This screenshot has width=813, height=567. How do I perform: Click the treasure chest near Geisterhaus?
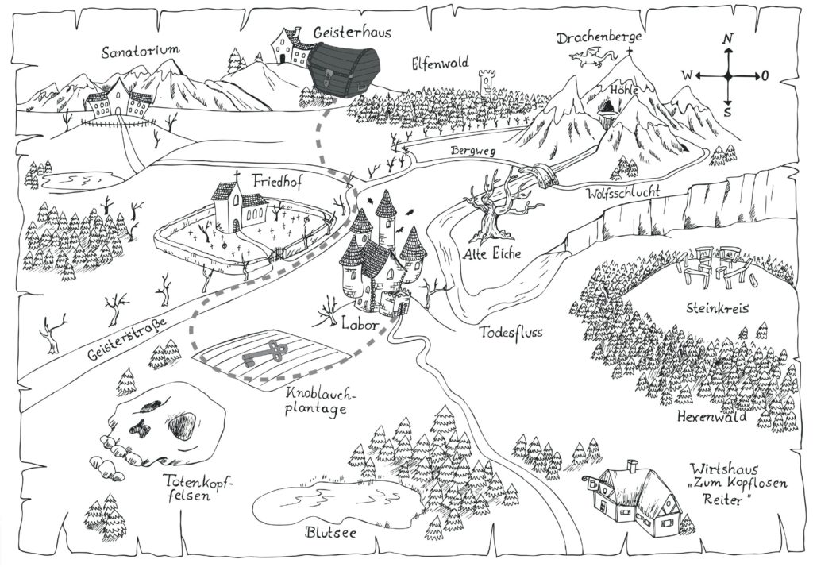pos(343,68)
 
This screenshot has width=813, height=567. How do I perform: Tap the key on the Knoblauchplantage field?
pos(264,354)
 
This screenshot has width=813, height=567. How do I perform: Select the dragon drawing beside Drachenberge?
pos(592,56)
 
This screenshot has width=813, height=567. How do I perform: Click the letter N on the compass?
pos(729,39)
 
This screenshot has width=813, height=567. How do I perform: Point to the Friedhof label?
pos(276,181)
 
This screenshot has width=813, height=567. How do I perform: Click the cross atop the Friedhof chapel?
pos(237,176)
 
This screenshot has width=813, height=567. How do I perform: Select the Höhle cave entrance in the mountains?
pos(607,108)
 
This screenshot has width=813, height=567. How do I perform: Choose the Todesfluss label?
pos(511,331)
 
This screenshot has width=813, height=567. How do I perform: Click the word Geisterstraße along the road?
pos(127,339)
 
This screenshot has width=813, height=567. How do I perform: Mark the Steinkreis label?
pos(717,307)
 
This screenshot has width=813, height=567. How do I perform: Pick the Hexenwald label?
pos(712,417)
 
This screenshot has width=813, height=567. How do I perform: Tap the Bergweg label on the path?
pos(473,151)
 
